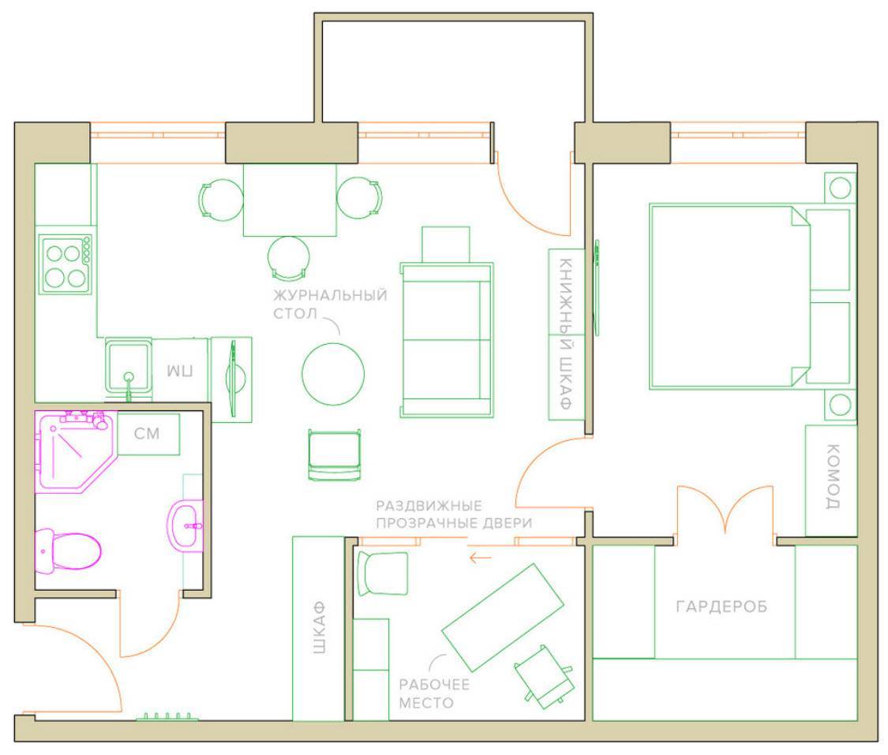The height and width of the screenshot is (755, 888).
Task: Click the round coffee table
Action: pyautogui.click(x=333, y=373)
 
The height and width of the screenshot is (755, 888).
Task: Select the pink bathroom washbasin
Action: pyautogui.click(x=185, y=525)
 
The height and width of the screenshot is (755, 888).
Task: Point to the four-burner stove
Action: pyautogui.click(x=66, y=264)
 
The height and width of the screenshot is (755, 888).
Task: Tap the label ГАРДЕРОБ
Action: pyautogui.click(x=722, y=607)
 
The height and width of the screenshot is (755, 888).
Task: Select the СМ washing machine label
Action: pyautogui.click(x=147, y=434)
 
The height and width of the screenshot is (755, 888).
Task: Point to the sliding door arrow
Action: pyautogui.click(x=480, y=558)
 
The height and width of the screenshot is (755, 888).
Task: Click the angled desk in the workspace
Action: pyautogui.click(x=502, y=617)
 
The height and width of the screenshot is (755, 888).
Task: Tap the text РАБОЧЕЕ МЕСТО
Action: pyautogui.click(x=434, y=694)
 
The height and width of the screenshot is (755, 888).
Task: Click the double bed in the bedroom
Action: pyautogui.click(x=750, y=297)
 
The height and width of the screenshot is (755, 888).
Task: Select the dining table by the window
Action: pyautogui.click(x=290, y=200)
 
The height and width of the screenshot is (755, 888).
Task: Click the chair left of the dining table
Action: pyautogui.click(x=221, y=200)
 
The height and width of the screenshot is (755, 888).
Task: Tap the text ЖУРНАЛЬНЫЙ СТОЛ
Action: pyautogui.click(x=330, y=304)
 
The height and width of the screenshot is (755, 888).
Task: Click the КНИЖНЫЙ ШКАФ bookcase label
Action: pyautogui.click(x=566, y=334)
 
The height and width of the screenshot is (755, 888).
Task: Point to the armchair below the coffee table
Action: pyautogui.click(x=335, y=455)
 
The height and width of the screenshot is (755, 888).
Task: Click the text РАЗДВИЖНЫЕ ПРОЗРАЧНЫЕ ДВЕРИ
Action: pyautogui.click(x=454, y=514)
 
